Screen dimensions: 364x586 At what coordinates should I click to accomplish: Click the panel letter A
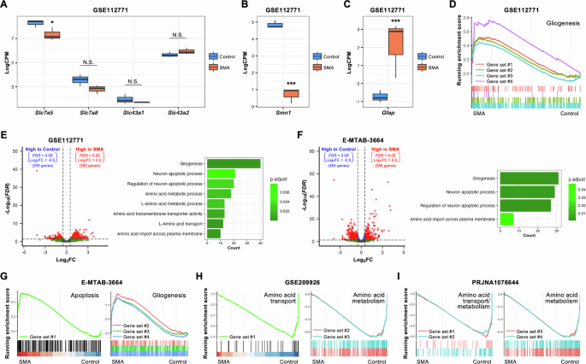tap(5, 6)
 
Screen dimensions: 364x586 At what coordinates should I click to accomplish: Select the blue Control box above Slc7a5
tap(36, 22)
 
